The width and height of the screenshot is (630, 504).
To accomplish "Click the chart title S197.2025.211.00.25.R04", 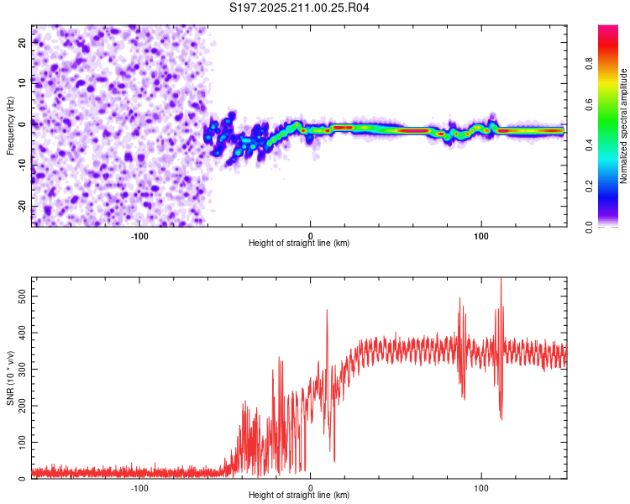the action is pos(299,8).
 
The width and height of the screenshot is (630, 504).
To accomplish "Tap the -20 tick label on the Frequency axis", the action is pos(23,207).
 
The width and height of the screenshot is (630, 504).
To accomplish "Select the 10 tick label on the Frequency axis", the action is pos(23,84).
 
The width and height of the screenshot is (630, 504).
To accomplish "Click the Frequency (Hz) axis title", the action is pos(10,126).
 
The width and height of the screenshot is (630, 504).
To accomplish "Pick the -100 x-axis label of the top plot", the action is pos(139,236).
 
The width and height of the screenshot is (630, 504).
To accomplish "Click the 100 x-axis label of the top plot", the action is pos(481,236).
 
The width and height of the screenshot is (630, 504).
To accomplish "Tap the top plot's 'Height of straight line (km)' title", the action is pos(299,243).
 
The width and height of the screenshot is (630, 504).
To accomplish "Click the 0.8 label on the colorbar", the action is pos(589,64).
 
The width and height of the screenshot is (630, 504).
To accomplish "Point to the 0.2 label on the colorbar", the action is pos(589,186).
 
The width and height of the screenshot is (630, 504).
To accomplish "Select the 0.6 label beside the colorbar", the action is pos(589,104).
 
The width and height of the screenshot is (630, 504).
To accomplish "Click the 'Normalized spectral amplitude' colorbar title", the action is pos(623,126).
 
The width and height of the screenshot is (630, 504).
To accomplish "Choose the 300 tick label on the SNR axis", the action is pos(23,369).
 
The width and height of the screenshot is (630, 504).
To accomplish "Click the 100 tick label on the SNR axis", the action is pos(23,442).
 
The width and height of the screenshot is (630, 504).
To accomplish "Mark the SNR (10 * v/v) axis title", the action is pos(10,378).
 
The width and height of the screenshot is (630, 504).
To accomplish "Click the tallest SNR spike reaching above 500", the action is pos(501,281).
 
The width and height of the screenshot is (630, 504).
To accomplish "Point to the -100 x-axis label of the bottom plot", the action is pos(139,488).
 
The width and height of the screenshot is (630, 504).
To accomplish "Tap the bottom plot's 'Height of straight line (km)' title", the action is pos(299,495).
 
